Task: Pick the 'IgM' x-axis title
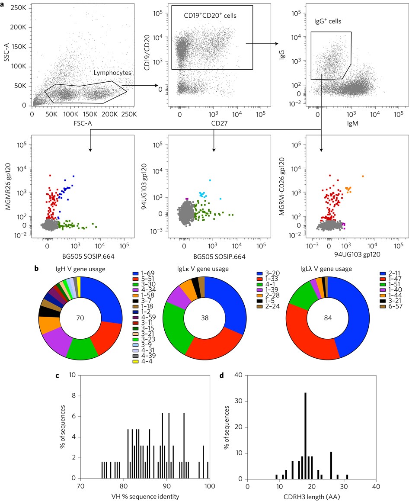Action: point(351,123)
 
